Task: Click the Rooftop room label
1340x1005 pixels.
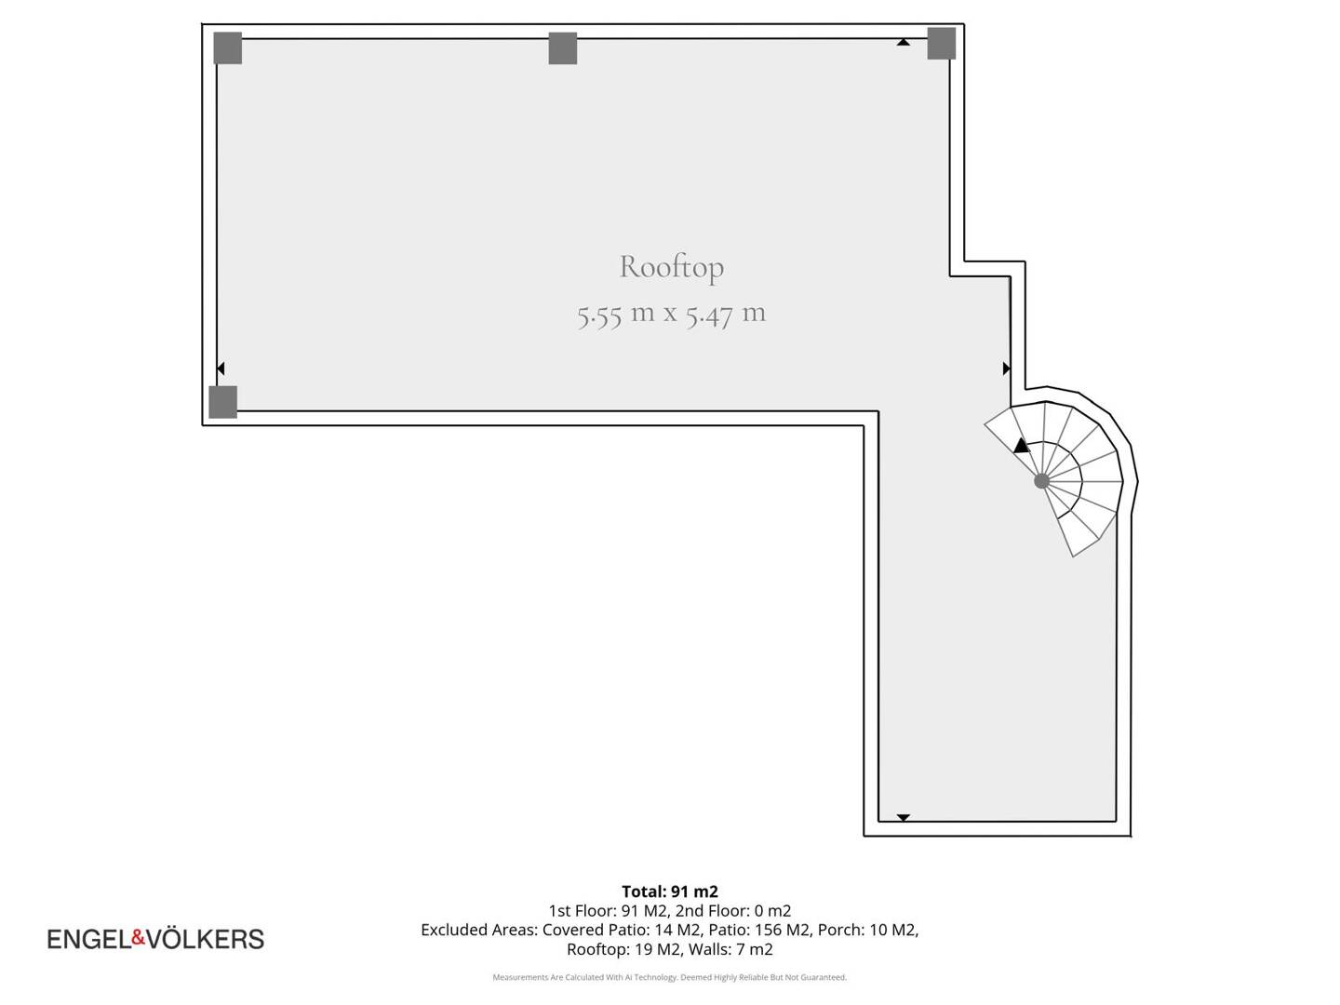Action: (671, 267)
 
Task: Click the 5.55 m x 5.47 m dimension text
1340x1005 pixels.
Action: (671, 315)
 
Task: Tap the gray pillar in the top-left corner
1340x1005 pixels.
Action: (228, 48)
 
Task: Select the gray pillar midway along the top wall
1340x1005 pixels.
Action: (563, 48)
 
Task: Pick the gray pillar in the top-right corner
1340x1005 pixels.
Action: (942, 44)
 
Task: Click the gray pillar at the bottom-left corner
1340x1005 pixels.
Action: (222, 402)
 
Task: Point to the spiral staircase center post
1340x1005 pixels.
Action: (1041, 481)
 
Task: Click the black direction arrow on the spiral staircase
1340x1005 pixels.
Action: (1021, 446)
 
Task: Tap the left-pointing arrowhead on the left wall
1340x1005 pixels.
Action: (221, 368)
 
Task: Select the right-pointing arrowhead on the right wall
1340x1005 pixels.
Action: (1007, 368)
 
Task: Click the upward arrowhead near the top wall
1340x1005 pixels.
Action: (904, 42)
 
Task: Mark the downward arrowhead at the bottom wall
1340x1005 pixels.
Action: (904, 818)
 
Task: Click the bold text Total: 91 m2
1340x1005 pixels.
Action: (670, 891)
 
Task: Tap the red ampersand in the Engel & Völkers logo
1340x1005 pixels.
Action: (139, 937)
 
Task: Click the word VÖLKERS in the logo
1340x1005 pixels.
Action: (205, 939)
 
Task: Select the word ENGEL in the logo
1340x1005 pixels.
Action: (89, 940)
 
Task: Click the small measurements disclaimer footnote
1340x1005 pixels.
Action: (670, 977)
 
